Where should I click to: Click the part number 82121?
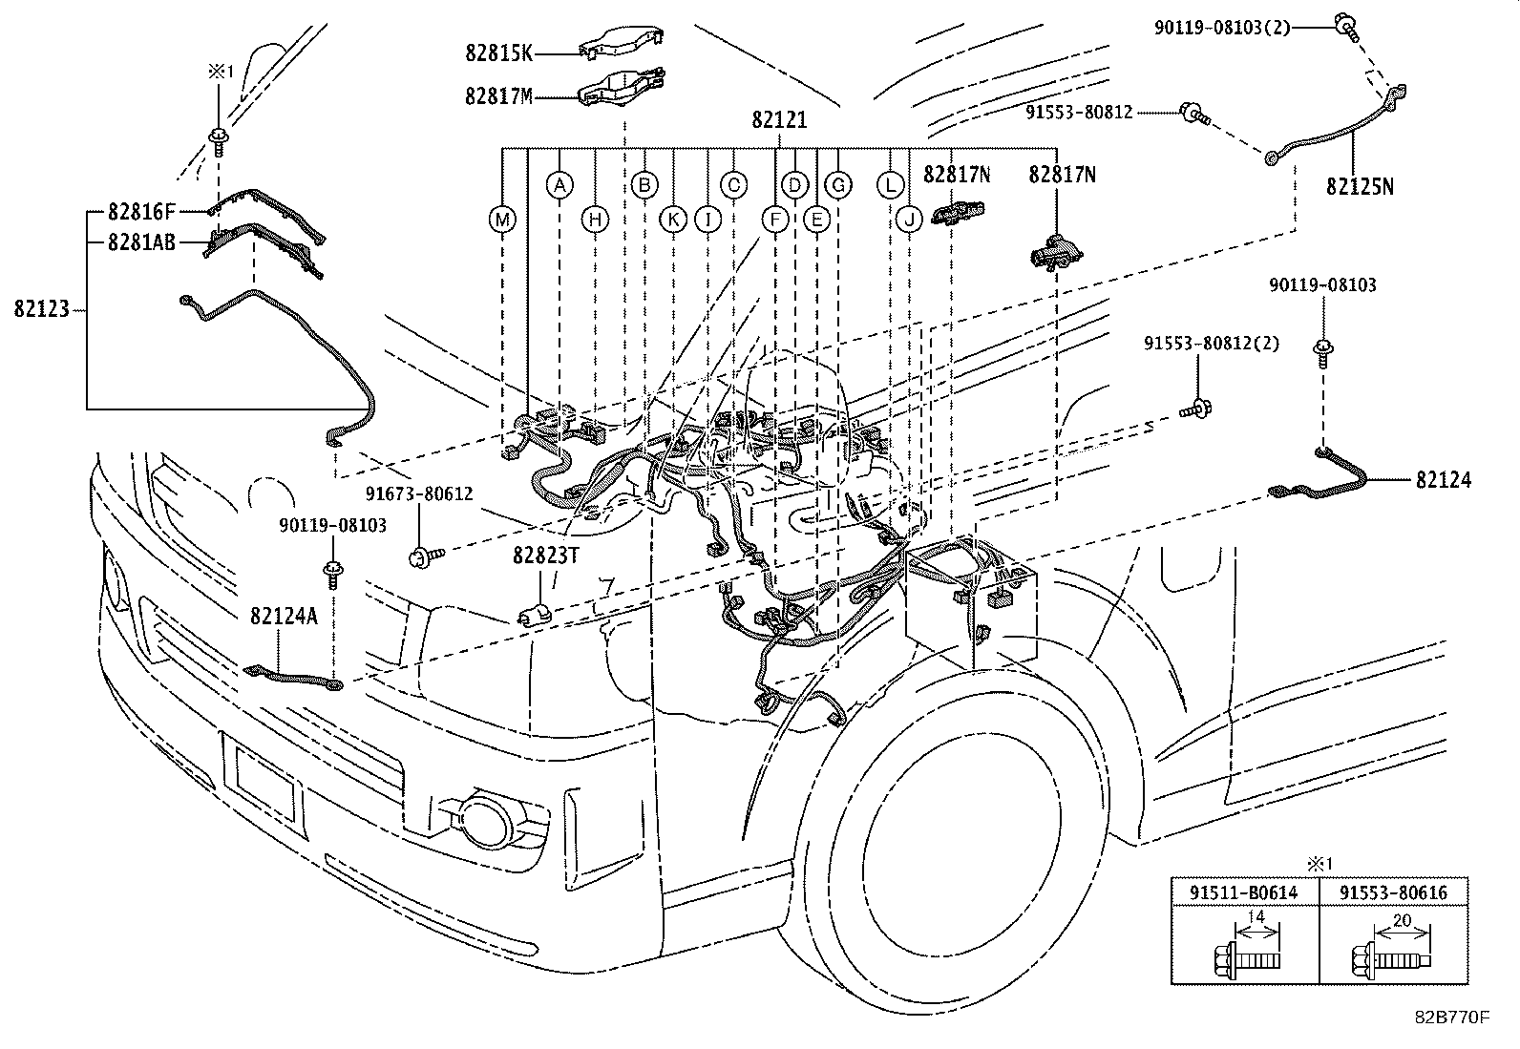779,120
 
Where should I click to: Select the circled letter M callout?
502,220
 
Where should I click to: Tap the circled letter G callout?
838,185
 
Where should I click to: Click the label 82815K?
498,53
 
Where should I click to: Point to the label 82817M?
498,95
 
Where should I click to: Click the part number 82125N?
1359,187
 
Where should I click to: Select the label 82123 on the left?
42,309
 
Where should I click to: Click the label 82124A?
284,617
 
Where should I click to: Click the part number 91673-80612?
419,493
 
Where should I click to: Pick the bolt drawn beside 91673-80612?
424,555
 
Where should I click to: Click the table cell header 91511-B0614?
1244,892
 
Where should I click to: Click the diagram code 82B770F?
1452,1017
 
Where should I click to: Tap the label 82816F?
141,211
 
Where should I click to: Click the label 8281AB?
141,242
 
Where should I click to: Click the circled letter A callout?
560,185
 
